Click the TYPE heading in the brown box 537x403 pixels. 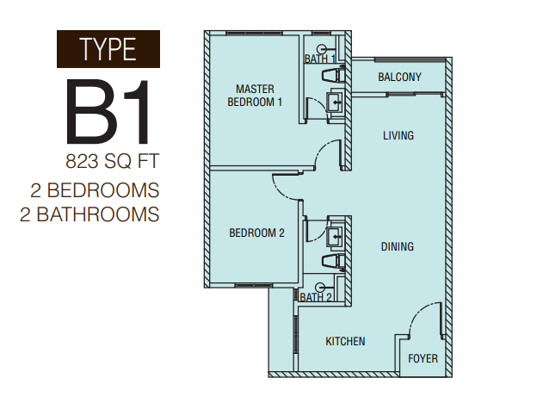pos(108,49)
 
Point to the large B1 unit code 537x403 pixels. pos(108,112)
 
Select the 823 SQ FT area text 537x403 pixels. pos(113,161)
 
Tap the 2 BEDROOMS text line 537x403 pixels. pos(95,190)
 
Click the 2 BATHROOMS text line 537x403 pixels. pos(89,214)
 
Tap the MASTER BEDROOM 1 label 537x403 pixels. pos(255,96)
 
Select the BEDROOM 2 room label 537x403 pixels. pos(256,233)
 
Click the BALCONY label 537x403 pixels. pos(399,77)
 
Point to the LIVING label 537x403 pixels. pos(398,135)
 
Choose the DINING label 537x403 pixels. pos(398,246)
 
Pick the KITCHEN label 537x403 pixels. pos(345,341)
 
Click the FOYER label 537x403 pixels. pos(423,359)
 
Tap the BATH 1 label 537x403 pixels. pos(320,59)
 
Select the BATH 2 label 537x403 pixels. pos(316,297)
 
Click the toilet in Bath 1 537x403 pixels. pos(333,75)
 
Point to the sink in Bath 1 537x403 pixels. pos(336,101)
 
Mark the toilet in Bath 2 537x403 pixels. pos(333,261)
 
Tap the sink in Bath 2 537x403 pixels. pos(336,235)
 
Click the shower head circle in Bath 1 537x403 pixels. pos(321,49)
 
